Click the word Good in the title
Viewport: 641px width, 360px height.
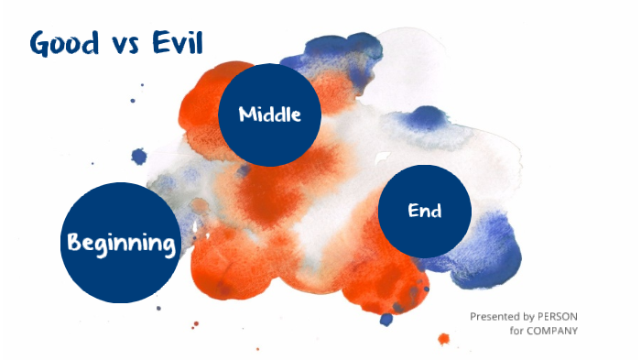(x=65, y=44)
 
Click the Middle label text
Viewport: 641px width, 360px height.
(x=269, y=115)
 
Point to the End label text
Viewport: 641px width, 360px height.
(x=424, y=211)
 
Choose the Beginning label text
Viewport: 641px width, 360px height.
(x=120, y=244)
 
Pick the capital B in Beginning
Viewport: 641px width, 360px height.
(x=73, y=243)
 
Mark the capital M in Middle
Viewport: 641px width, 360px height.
(x=246, y=115)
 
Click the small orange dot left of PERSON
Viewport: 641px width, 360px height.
(x=444, y=338)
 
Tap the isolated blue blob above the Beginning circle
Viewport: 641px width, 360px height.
(x=139, y=157)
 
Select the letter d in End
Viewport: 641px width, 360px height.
(x=436, y=211)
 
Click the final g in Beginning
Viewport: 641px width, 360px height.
(x=168, y=246)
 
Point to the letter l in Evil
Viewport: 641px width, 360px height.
(x=196, y=42)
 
